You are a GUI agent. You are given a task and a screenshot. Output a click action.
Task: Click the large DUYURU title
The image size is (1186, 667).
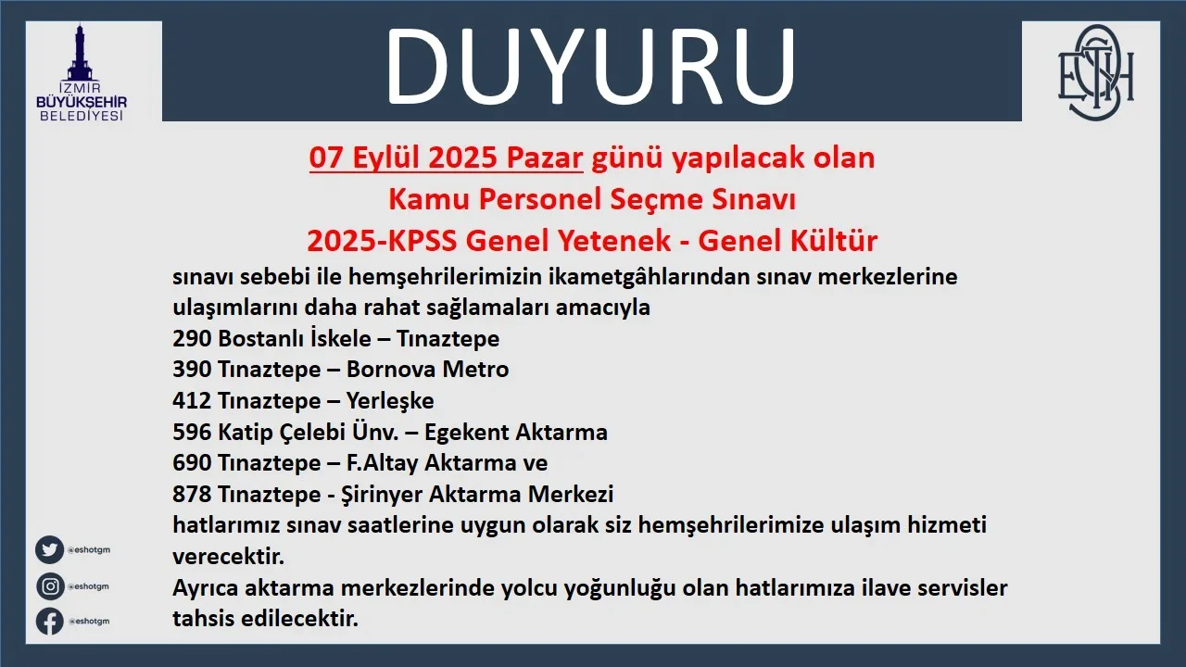(590, 66)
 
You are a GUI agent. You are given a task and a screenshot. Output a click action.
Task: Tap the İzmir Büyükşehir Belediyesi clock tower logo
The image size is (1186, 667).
(82, 72)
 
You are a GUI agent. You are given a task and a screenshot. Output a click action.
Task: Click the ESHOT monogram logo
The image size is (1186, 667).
(1095, 72)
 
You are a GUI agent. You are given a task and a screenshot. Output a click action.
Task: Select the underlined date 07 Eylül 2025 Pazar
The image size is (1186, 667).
(446, 157)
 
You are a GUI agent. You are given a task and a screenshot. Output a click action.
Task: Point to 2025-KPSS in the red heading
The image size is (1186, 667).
(382, 241)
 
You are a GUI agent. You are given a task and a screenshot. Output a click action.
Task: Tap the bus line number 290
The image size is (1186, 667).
(192, 339)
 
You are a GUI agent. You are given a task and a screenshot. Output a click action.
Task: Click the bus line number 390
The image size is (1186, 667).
(192, 370)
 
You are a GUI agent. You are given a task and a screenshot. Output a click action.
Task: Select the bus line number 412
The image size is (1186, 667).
(192, 401)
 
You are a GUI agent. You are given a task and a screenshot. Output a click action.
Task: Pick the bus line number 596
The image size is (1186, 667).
(192, 432)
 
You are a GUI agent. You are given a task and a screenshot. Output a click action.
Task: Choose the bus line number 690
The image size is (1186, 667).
(192, 463)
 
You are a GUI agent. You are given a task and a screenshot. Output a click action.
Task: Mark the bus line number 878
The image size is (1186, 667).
(192, 495)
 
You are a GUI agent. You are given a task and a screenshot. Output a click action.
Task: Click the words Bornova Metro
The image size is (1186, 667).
(427, 370)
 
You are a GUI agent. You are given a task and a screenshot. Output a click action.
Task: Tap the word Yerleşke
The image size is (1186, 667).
(390, 401)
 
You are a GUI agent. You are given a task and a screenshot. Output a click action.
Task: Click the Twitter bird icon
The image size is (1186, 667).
(50, 550)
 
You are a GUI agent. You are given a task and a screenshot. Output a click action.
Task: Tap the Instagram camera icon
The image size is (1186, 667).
(50, 586)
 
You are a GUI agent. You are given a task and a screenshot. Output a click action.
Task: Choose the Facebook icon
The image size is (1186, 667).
(50, 621)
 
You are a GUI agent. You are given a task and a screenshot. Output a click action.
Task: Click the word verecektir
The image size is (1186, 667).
(228, 557)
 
